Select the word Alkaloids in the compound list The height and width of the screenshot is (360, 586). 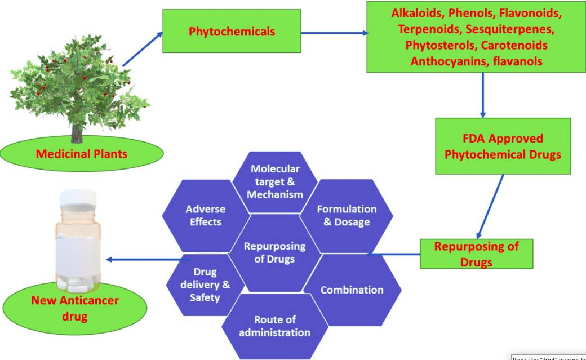tap(415, 15)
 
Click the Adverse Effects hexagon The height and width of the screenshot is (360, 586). tap(203, 215)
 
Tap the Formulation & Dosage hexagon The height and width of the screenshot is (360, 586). tap(347, 215)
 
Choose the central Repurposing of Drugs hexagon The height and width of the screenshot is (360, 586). tap(275, 253)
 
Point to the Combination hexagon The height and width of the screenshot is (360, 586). tap(352, 290)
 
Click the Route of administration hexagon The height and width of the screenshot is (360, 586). tap(274, 326)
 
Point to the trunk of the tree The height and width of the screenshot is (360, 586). tap(76, 133)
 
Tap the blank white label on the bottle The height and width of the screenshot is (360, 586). tap(78, 248)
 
